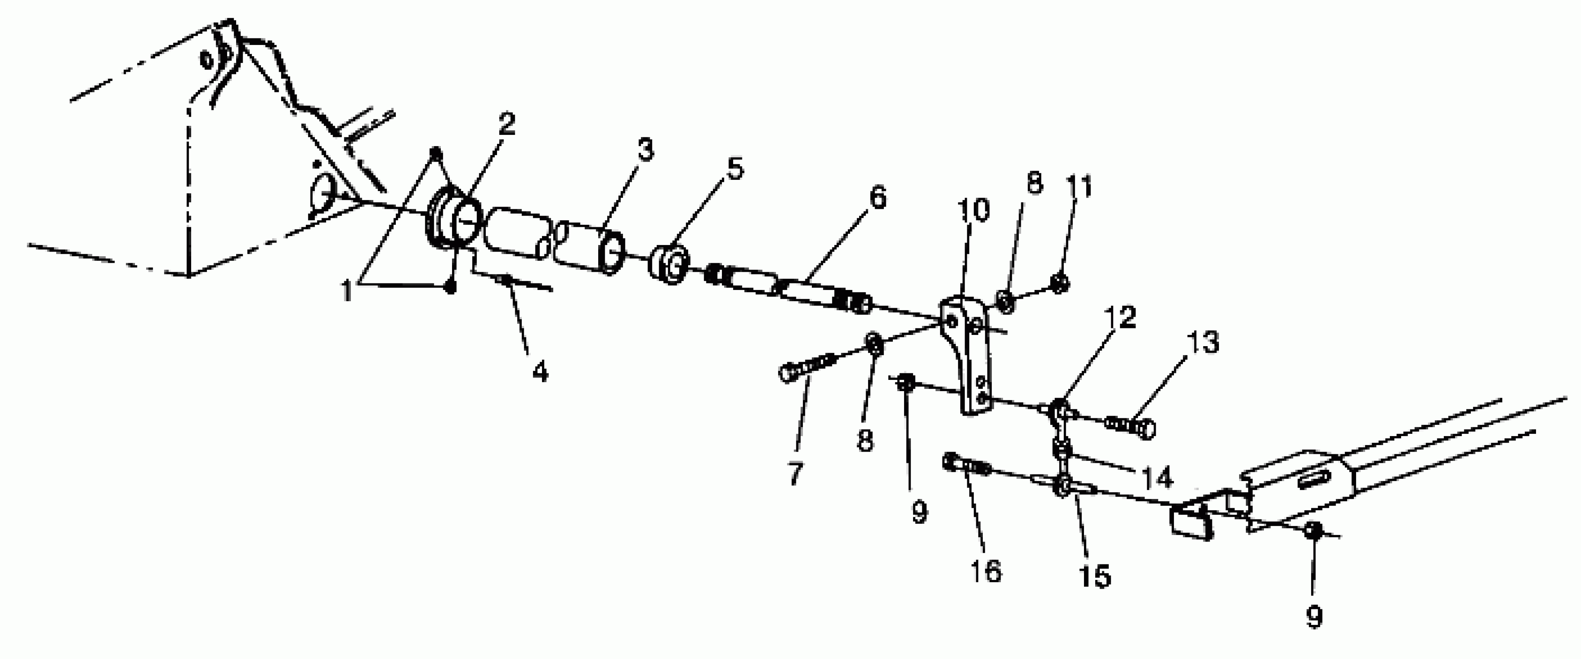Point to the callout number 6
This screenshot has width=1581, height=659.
(x=878, y=198)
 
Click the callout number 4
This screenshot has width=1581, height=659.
(x=540, y=371)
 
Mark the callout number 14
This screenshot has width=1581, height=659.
(x=1156, y=477)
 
